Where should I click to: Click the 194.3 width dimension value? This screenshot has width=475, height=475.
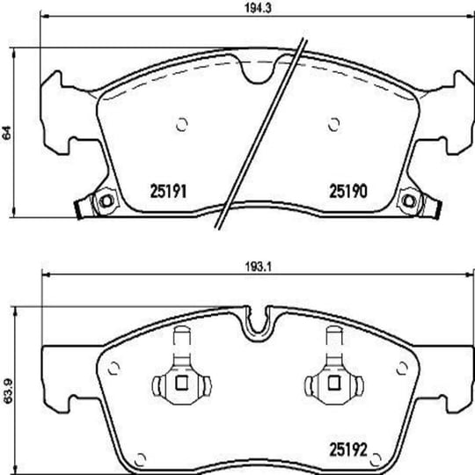pyautogui.click(x=258, y=8)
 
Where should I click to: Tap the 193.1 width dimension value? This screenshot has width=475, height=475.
pyautogui.click(x=258, y=267)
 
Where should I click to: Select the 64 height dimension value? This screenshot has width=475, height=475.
pyautogui.click(x=7, y=132)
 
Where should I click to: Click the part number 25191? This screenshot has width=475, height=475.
pyautogui.click(x=168, y=191)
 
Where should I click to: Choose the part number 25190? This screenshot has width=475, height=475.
pyautogui.click(x=348, y=191)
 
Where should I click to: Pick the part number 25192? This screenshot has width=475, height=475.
pyautogui.click(x=348, y=449)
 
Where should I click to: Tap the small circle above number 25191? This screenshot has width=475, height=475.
pyautogui.click(x=182, y=125)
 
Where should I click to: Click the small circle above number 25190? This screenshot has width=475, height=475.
pyautogui.click(x=334, y=125)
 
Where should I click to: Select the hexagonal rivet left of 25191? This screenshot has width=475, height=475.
pyautogui.click(x=106, y=201)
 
